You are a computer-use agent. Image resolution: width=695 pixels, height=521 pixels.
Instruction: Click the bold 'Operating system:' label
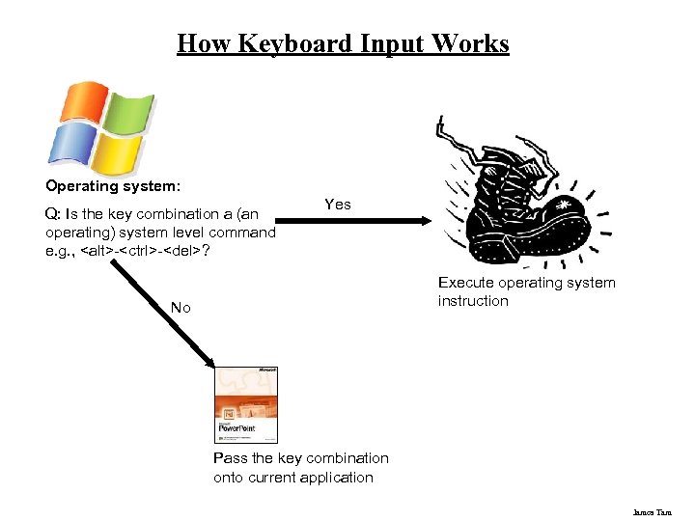coord(112,184)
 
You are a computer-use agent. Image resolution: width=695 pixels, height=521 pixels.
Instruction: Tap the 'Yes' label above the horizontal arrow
coord(338,205)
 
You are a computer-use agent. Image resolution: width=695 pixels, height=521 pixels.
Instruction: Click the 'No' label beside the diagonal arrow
coord(181,308)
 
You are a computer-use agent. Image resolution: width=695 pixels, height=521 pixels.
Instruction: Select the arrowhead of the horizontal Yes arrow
coord(425,222)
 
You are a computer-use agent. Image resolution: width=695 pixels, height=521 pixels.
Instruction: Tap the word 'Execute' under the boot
coord(464,283)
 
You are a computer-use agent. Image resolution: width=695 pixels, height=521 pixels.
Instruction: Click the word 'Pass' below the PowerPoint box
coord(231,458)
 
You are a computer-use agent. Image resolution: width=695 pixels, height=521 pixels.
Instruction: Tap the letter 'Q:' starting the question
coord(53,213)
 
